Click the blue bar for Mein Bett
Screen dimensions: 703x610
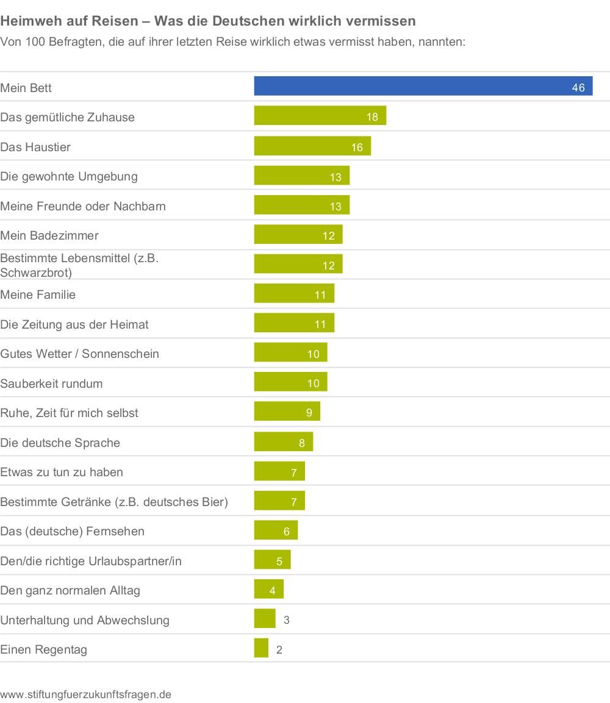(x=423, y=86)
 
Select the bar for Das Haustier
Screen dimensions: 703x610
(x=312, y=146)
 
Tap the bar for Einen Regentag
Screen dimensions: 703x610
(x=261, y=648)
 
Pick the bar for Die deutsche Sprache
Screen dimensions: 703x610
(x=283, y=442)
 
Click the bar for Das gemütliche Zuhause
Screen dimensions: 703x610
(x=320, y=116)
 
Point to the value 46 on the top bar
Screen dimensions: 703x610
(x=578, y=88)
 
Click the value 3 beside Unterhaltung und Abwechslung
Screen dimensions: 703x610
(x=287, y=620)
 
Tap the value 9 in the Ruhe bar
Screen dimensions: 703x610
(x=309, y=413)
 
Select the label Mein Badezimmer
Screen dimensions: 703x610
(x=49, y=235)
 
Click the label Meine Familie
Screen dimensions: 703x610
(x=38, y=294)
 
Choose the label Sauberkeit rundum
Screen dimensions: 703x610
(x=51, y=384)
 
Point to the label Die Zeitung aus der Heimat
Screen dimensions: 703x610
(x=74, y=324)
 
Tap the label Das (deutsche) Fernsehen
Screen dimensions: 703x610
(x=73, y=531)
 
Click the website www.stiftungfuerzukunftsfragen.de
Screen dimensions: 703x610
(x=85, y=694)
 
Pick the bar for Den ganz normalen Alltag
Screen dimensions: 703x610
(x=268, y=590)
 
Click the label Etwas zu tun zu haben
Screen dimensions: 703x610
(x=62, y=472)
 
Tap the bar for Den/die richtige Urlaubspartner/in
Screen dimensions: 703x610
(x=272, y=560)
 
